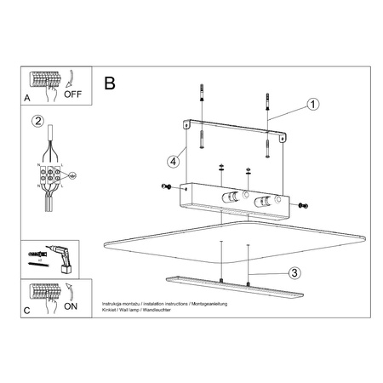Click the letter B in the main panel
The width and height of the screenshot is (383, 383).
[x=109, y=83]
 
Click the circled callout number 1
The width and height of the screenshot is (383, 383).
[x=312, y=105]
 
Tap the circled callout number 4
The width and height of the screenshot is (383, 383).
[x=173, y=160]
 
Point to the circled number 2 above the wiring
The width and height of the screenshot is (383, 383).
[x=37, y=122]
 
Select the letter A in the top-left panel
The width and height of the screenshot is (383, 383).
[x=28, y=100]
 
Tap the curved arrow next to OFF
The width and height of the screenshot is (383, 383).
[x=73, y=80]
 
